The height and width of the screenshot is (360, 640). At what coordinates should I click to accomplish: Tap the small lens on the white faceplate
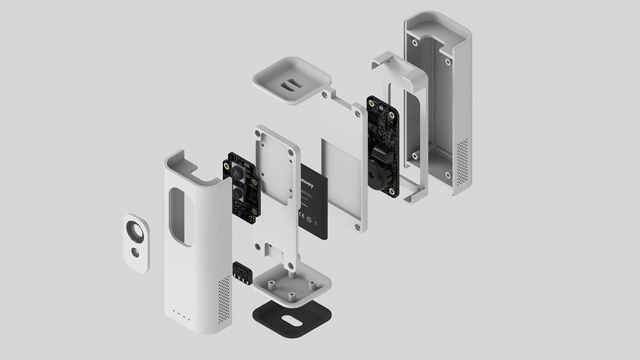tap(137, 251)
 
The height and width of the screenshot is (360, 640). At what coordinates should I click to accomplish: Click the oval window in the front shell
tap(181, 218)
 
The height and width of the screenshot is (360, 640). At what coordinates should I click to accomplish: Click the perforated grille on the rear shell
tap(462, 160)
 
